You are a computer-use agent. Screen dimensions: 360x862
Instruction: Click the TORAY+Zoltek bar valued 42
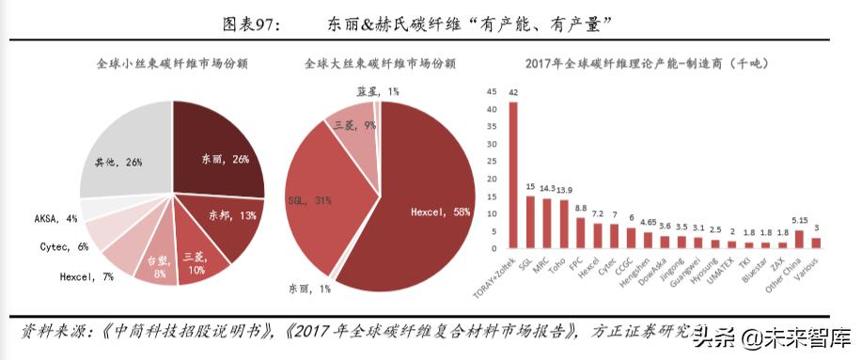[513, 175]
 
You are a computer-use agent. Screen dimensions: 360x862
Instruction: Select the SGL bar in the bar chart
[530, 222]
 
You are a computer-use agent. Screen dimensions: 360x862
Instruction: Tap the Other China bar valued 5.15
[800, 239]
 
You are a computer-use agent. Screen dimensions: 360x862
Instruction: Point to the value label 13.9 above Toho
[564, 190]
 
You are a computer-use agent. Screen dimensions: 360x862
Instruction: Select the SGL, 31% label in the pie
[308, 200]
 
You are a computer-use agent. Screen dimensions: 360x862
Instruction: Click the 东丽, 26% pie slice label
[226, 160]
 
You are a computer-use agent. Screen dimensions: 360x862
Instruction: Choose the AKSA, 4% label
[57, 218]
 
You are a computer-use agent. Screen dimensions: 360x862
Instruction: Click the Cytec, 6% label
[67, 246]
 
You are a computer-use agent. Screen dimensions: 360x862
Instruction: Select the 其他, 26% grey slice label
[118, 162]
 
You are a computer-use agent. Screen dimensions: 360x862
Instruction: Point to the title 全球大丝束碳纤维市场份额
[380, 65]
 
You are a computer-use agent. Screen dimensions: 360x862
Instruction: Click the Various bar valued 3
[816, 243]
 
